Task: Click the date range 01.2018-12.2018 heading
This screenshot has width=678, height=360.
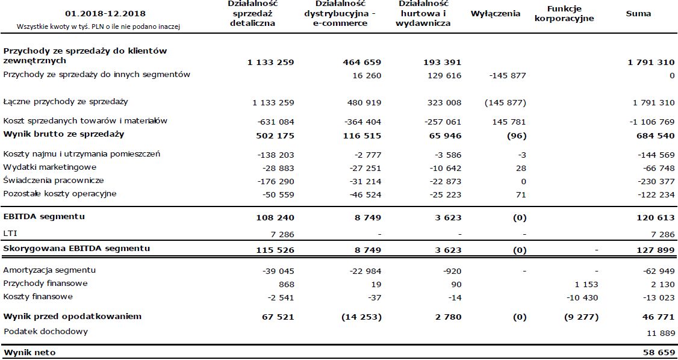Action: (105, 14)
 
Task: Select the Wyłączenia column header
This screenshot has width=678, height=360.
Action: (496, 13)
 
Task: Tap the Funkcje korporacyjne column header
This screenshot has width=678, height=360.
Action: (564, 13)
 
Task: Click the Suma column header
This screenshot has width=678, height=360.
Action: (638, 13)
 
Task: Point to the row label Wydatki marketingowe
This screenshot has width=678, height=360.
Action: (50, 167)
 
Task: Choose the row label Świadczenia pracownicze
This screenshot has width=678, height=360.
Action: (54, 181)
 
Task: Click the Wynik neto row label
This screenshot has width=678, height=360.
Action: (30, 352)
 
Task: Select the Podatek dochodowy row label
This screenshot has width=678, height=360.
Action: (46, 331)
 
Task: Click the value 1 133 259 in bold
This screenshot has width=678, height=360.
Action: (270, 62)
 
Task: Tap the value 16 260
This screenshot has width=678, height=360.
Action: (367, 76)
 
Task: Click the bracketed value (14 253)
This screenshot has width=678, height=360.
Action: (361, 317)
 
